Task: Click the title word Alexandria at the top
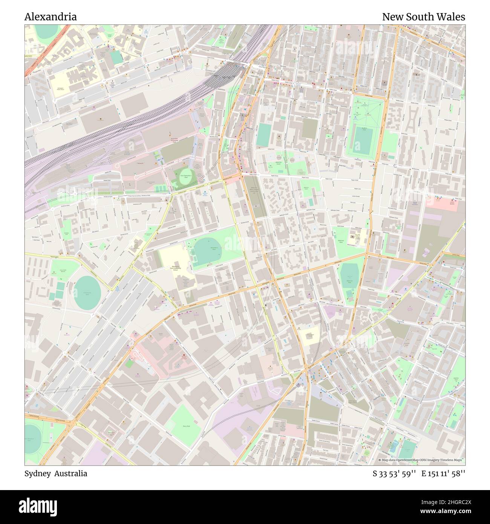click(51, 17)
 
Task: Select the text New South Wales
click(423, 17)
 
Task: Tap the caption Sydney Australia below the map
click(56, 474)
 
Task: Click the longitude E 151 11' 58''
click(443, 474)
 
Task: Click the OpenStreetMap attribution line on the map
click(421, 460)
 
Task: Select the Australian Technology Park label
click(174, 140)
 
